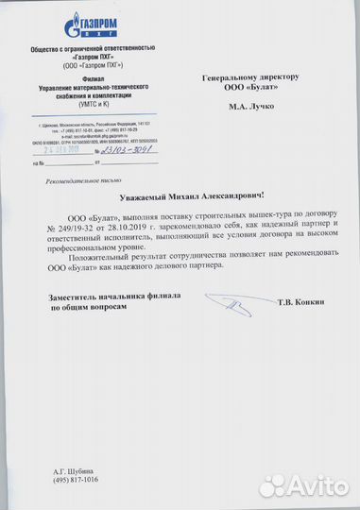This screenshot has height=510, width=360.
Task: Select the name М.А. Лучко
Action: [x=250, y=106]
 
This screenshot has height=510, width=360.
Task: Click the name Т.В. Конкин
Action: [x=303, y=302]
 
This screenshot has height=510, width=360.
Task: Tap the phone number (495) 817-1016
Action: [x=71, y=479]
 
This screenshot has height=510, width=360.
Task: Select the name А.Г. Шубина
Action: [x=67, y=469]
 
